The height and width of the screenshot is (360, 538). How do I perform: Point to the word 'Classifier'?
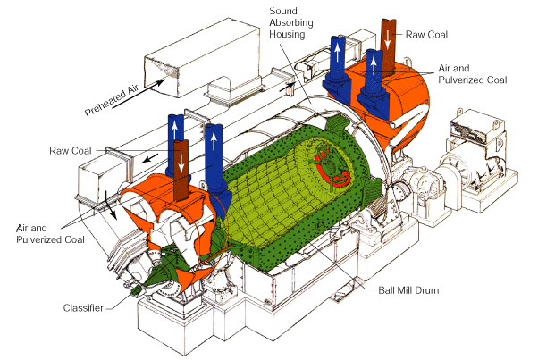(86, 308)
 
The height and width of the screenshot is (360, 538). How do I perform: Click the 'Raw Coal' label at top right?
(426, 34)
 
